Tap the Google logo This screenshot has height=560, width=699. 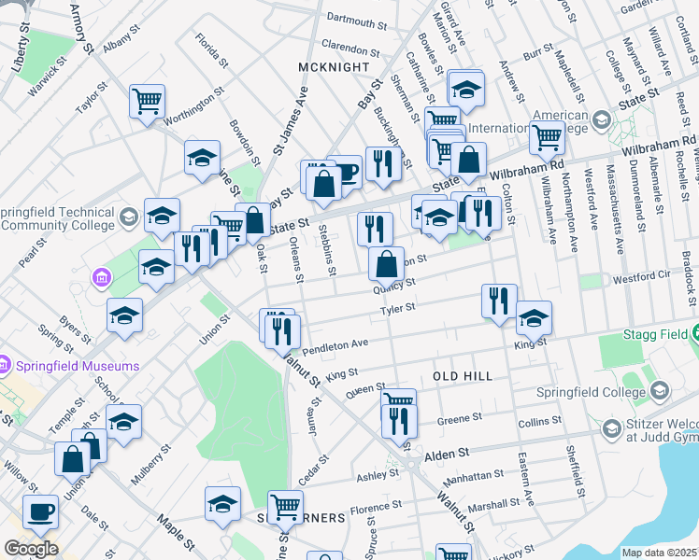[31, 549]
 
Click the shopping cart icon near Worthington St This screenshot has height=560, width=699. [147, 101]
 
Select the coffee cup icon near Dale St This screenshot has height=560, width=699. [40, 511]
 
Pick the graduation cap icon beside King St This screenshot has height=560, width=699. [534, 318]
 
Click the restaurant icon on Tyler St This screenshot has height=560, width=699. [499, 300]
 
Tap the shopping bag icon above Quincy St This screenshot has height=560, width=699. [386, 264]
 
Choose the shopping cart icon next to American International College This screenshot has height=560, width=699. [547, 137]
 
